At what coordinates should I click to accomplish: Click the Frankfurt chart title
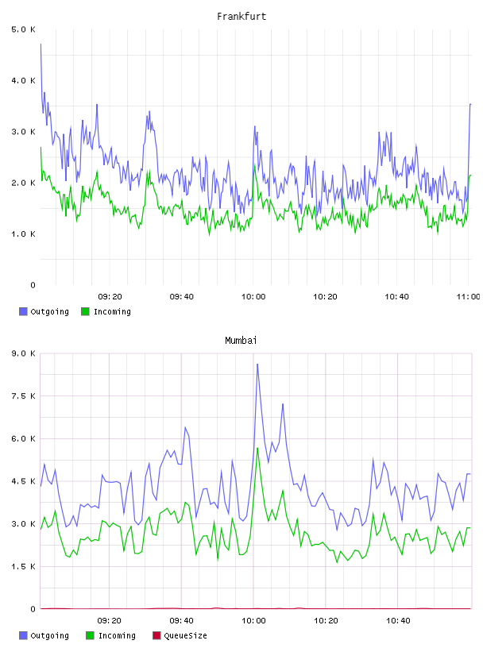pyautogui.click(x=241, y=17)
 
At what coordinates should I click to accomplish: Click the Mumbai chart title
pyautogui.click(x=241, y=341)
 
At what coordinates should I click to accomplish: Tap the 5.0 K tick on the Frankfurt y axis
pyautogui.click(x=23, y=29)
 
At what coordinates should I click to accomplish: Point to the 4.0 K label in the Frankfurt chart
pyautogui.click(x=23, y=80)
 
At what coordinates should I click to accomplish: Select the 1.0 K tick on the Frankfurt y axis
pyautogui.click(x=23, y=234)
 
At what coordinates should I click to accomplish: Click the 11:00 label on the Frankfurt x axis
pyautogui.click(x=468, y=297)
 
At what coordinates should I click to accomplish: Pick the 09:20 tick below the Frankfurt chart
pyautogui.click(x=110, y=297)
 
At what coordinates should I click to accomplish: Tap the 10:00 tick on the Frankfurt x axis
pyautogui.click(x=253, y=297)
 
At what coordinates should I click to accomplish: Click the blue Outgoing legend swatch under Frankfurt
pyautogui.click(x=23, y=311)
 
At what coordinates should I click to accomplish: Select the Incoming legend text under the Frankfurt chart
pyautogui.click(x=112, y=311)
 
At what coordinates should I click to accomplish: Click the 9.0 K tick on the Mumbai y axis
pyautogui.click(x=23, y=353)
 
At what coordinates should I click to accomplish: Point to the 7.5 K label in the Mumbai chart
pyautogui.click(x=23, y=396)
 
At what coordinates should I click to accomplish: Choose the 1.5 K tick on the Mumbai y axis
pyautogui.click(x=23, y=566)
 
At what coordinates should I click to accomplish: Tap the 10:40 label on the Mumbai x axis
pyautogui.click(x=398, y=621)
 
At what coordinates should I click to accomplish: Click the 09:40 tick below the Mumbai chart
pyautogui.click(x=182, y=621)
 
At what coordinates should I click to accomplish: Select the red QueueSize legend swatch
pyautogui.click(x=156, y=635)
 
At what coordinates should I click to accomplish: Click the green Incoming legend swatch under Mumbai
pyautogui.click(x=90, y=635)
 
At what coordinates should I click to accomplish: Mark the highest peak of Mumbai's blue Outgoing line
pyautogui.click(x=257, y=364)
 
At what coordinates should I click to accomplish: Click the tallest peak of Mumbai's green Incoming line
pyautogui.click(x=257, y=448)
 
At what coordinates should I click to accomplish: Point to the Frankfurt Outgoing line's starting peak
pyautogui.click(x=41, y=44)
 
